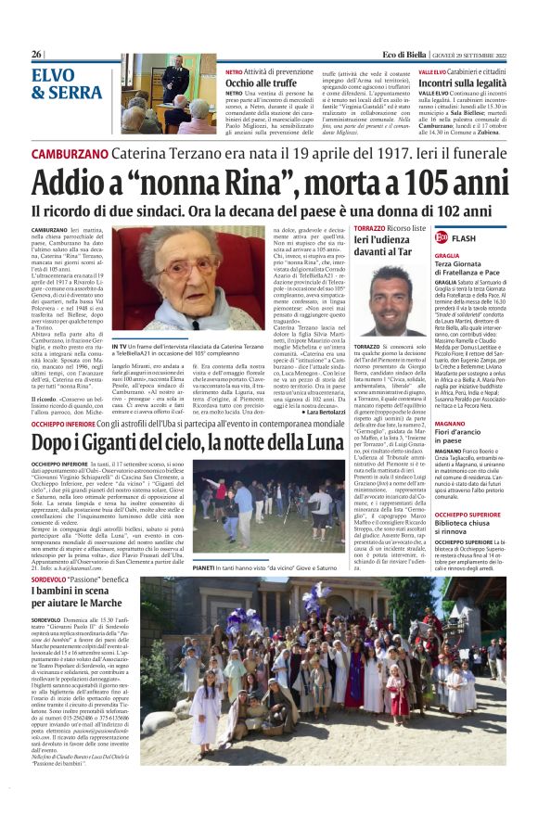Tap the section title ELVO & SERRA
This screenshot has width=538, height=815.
point(67,83)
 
